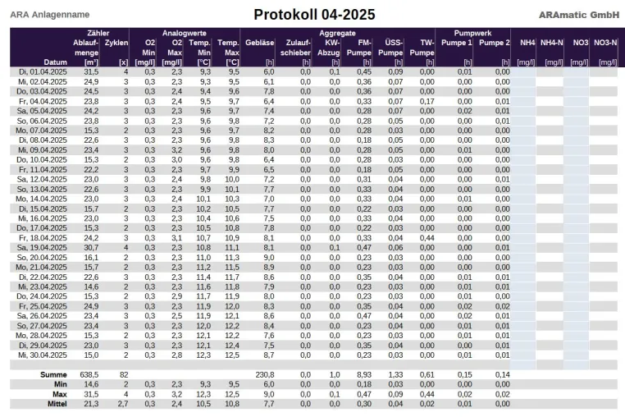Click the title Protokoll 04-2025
pyautogui.click(x=314, y=15)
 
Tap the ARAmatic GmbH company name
pyautogui.click(x=579, y=15)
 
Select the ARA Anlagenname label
pyautogui.click(x=50, y=15)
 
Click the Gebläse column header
pyautogui.click(x=259, y=43)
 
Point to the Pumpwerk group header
pyautogui.click(x=472, y=33)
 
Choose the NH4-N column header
pyautogui.click(x=552, y=43)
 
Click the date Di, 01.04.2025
pyautogui.click(x=43, y=72)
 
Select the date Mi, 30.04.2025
pyautogui.click(x=43, y=355)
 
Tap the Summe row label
pyautogui.click(x=53, y=374)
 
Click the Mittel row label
pyautogui.click(x=57, y=404)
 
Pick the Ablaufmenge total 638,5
pyautogui.click(x=89, y=374)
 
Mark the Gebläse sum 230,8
pyautogui.click(x=265, y=374)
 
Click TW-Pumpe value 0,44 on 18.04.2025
pyautogui.click(x=427, y=238)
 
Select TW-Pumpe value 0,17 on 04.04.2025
pyautogui.click(x=427, y=101)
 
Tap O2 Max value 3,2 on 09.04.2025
pyautogui.click(x=176, y=150)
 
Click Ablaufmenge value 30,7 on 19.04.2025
pyautogui.click(x=91, y=247)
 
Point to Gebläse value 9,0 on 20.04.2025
pyautogui.click(x=269, y=258)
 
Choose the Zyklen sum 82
pyautogui.click(x=124, y=374)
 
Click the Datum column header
pyautogui.click(x=56, y=62)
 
